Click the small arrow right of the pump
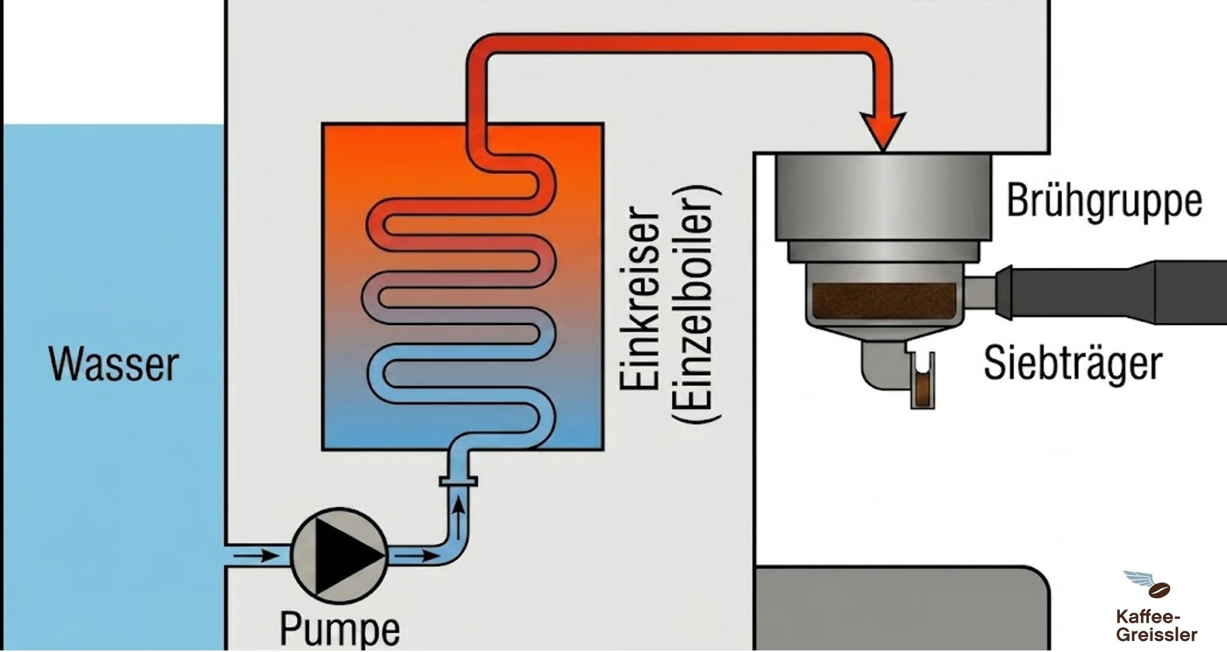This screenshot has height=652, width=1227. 416,556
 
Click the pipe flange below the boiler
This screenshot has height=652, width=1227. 458,481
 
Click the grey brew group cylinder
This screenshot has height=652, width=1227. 883,197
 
